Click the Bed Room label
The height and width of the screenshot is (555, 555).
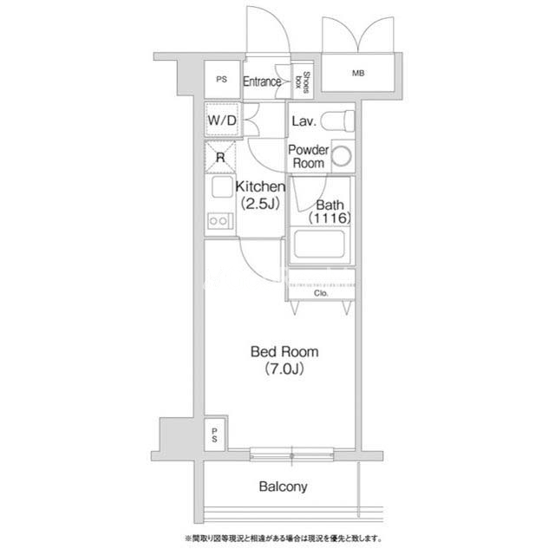point(284,352)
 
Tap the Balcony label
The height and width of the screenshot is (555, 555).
point(283,486)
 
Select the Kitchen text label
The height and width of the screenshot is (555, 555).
point(260,186)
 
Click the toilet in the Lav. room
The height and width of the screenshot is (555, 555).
point(337,121)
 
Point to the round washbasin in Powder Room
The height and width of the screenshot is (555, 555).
point(342,156)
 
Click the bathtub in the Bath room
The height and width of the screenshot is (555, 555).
point(319,244)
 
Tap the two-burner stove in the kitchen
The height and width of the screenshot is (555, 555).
point(219,221)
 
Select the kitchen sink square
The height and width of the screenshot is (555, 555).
point(222,186)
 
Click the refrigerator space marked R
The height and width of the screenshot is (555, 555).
point(220,156)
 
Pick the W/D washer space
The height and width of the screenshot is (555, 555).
point(222,120)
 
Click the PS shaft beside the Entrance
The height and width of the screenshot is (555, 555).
point(222,79)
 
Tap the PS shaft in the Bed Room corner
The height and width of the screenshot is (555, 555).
point(214,435)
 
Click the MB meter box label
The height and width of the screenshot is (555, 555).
point(358,73)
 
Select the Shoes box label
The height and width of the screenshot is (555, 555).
point(303,82)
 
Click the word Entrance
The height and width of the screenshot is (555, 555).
point(262,82)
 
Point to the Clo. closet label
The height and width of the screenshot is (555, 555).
point(321,293)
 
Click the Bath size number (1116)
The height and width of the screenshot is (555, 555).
point(330,218)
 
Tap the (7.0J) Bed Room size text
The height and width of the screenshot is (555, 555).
point(284,369)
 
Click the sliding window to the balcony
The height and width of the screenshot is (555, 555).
point(291,454)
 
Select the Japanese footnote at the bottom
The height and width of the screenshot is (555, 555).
point(284,539)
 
